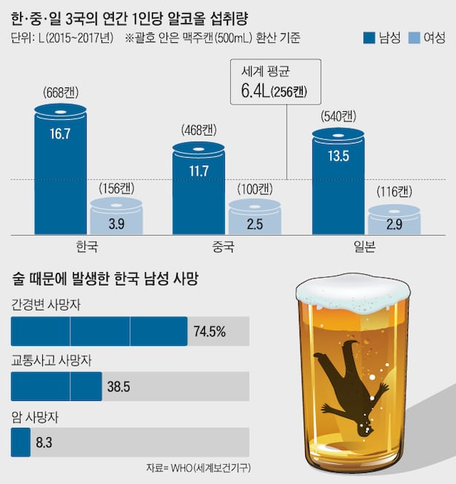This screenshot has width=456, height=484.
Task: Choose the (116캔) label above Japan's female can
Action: (x=395, y=192)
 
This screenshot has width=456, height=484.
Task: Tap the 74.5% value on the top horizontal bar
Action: (x=210, y=331)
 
